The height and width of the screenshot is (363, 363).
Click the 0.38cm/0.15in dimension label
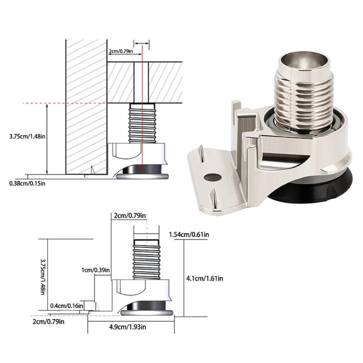pos(26,183)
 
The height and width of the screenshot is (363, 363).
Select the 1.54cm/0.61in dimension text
pos(188,234)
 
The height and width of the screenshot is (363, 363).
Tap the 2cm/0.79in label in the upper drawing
pos(121,51)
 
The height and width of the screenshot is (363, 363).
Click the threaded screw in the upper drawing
pos(142,123)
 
